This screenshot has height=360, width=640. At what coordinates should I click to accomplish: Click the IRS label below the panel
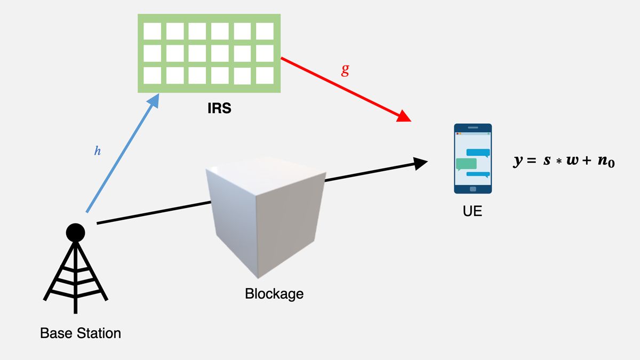pyautogui.click(x=220, y=109)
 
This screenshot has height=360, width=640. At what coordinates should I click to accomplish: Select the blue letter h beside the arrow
pyautogui.click(x=97, y=151)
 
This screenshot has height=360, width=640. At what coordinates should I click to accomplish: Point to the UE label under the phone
pyautogui.click(x=473, y=211)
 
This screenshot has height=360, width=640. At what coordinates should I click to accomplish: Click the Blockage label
pyautogui.click(x=274, y=293)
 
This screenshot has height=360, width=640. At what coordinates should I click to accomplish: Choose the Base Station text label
pyautogui.click(x=81, y=334)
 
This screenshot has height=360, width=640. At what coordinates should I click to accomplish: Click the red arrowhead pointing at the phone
pyautogui.click(x=405, y=116)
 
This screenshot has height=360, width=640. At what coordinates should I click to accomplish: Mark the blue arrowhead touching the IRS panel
pyautogui.click(x=154, y=99)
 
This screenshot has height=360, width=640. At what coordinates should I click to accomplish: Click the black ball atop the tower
pyautogui.click(x=76, y=232)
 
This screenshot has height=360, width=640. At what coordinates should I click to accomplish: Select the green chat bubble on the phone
pyautogui.click(x=466, y=164)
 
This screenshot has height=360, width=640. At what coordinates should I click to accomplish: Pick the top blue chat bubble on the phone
pyautogui.click(x=478, y=153)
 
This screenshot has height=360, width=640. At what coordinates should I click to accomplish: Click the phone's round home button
pyautogui.click(x=473, y=188)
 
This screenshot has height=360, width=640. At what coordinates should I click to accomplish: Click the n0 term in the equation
pyautogui.click(x=605, y=162)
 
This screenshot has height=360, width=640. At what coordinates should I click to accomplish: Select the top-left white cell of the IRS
pyautogui.click(x=152, y=31)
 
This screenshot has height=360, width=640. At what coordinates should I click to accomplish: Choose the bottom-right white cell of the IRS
pyautogui.click(x=265, y=75)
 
